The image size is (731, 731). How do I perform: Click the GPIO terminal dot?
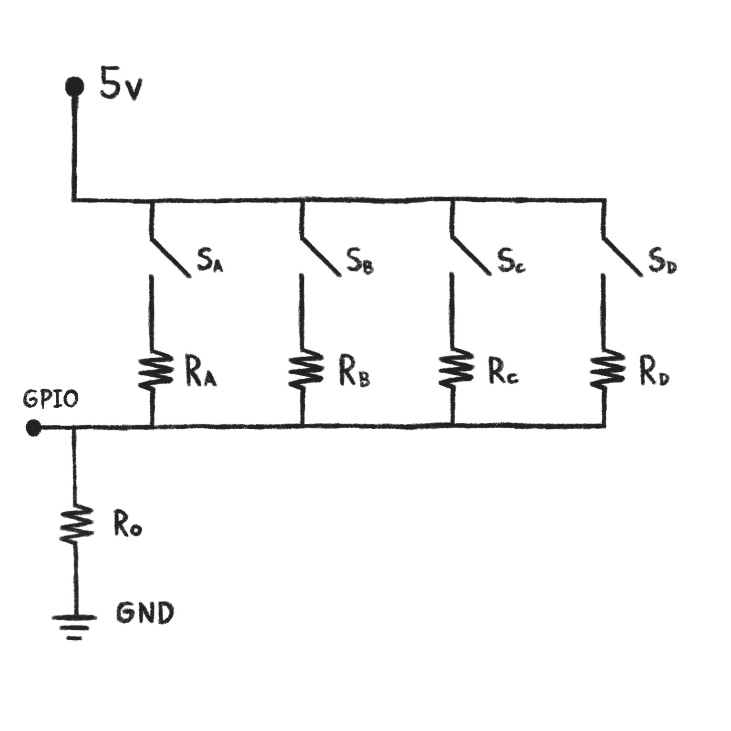(34, 428)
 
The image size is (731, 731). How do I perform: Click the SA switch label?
(210, 261)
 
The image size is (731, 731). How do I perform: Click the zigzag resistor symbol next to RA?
(156, 370)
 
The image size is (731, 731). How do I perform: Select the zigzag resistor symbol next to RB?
(305, 370)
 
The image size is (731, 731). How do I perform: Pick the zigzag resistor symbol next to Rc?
(455, 370)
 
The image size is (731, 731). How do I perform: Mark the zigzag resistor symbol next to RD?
(606, 370)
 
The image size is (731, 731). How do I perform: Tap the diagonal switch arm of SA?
(170, 258)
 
